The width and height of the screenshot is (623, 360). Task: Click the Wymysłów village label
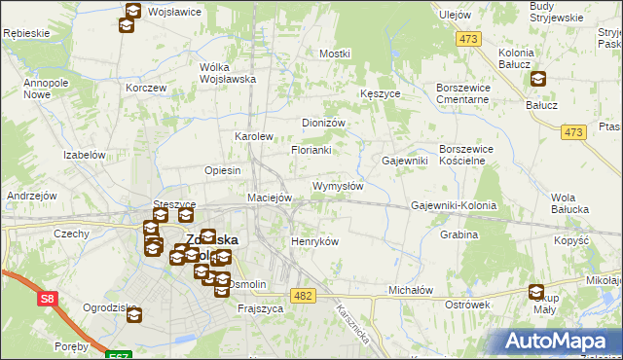338,186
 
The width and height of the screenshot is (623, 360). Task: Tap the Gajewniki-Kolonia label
454,206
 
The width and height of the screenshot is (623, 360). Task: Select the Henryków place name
314,241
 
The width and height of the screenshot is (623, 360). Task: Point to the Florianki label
311,151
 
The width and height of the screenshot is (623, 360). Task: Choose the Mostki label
334,53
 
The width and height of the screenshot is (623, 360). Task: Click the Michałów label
410,290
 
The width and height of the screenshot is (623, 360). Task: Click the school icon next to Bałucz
537,80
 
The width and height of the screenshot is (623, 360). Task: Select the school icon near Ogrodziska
133,315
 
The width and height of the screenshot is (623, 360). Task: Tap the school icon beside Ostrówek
536,291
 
